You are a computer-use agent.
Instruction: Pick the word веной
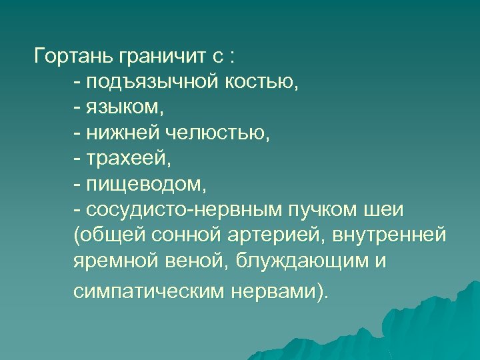(x=188, y=263)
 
